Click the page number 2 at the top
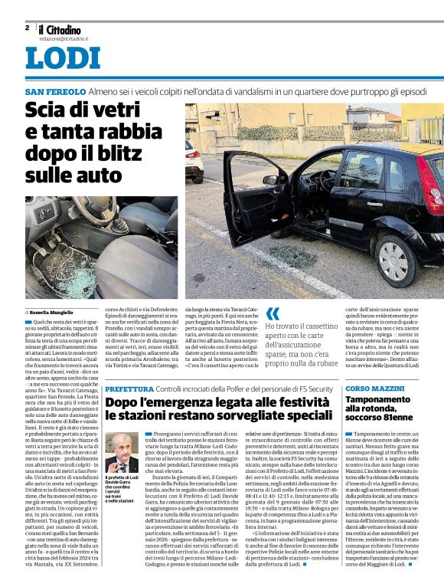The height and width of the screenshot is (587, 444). tap(27, 28)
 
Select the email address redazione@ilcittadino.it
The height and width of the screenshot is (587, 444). tap(64, 38)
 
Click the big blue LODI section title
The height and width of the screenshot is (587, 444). tap(62, 58)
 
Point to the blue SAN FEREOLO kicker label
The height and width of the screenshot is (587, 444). tap(54, 91)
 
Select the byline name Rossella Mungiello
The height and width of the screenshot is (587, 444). tap(51, 313)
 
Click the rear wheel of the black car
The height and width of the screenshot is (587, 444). tap(393, 261)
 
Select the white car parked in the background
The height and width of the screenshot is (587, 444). tap(194, 159)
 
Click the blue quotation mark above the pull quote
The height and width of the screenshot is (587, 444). tap(273, 313)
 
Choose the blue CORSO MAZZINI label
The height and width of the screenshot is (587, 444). tap(375, 389)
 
